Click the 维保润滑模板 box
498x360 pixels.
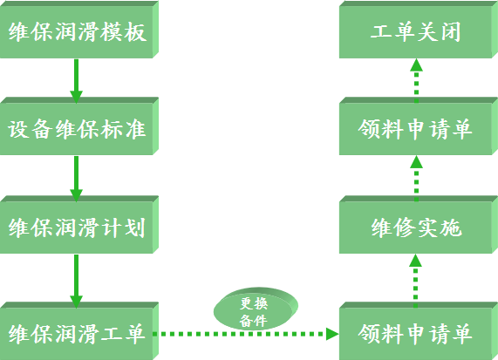click(x=79, y=30)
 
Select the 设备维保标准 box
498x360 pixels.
click(x=79, y=126)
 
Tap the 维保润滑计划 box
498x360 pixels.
click(x=79, y=225)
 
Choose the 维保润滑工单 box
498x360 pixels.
click(x=79, y=330)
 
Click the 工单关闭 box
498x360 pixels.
click(x=419, y=30)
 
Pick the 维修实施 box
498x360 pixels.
click(x=419, y=225)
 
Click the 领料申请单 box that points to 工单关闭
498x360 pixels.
click(x=419, y=126)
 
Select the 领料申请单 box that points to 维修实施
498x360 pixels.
click(x=419, y=330)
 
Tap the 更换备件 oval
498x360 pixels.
click(x=256, y=309)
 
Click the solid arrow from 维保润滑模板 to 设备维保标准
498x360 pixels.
click(x=76, y=81)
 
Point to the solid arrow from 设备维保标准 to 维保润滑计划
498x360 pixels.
click(x=76, y=179)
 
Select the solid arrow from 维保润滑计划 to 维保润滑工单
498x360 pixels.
click(x=76, y=281)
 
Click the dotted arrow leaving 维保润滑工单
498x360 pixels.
click(x=246, y=334)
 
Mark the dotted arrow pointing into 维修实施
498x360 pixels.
click(x=415, y=281)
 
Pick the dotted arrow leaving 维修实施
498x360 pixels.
click(x=416, y=179)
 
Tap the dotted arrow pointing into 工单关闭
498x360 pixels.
click(x=416, y=81)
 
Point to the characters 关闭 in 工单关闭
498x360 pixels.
click(x=439, y=31)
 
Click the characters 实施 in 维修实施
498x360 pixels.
click(x=440, y=228)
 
